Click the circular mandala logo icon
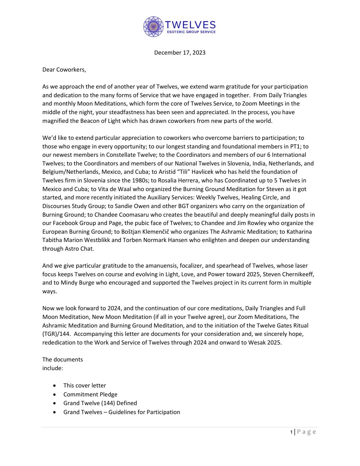[154, 27]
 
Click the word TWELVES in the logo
[191, 25]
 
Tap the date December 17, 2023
[180, 53]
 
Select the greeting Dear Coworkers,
[64, 70]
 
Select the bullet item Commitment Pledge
[90, 394]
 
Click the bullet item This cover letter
[85, 385]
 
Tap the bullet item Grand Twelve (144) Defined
[100, 403]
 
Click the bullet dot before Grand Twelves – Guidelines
[55, 412]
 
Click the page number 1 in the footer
[291, 432]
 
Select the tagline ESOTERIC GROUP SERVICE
[191, 32]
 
